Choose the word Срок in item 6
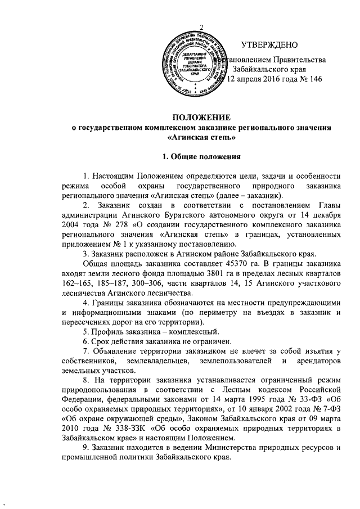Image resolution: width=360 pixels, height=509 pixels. point(102,342)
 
